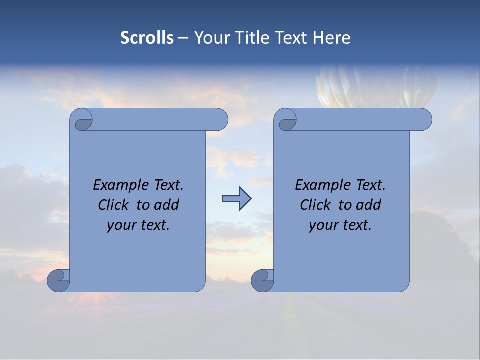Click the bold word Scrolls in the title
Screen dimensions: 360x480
click(147, 38)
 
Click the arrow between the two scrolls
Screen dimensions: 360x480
click(236, 199)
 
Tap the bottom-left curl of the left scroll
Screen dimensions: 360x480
click(58, 280)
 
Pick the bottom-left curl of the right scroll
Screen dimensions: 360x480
click(262, 280)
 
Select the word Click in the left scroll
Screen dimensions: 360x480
click(114, 205)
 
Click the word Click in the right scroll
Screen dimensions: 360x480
click(316, 205)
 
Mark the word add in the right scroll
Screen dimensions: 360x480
click(369, 205)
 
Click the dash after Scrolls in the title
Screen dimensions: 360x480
click(183, 38)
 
